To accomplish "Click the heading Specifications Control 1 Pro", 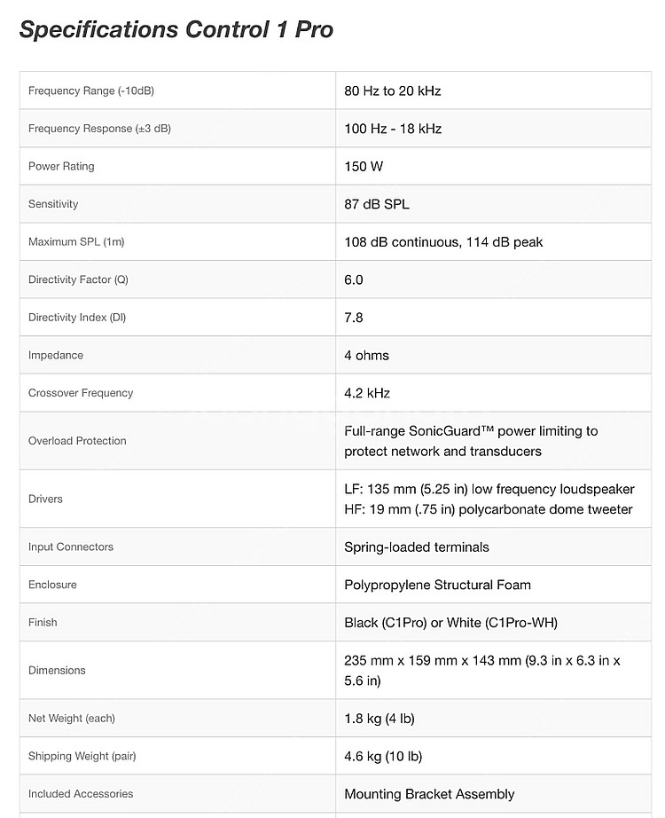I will (176, 29).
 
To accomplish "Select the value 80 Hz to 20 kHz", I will (392, 90).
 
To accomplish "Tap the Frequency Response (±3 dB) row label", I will (99, 129).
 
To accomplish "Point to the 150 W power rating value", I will (364, 166).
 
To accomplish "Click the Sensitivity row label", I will (53, 204).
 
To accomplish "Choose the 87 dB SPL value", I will (377, 204).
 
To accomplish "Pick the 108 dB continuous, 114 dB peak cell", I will (443, 241).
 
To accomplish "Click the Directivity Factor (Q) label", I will (78, 279).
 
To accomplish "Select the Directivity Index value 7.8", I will (354, 317).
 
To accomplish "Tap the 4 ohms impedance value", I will (366, 355).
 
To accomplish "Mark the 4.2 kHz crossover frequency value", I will (367, 392).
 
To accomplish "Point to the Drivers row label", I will (45, 499).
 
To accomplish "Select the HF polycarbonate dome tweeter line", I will (489, 509).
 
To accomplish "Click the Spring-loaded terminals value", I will (417, 547).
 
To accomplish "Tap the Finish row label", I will (43, 622).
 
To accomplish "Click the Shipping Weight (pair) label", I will (82, 756).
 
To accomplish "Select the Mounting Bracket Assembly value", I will (429, 794).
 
